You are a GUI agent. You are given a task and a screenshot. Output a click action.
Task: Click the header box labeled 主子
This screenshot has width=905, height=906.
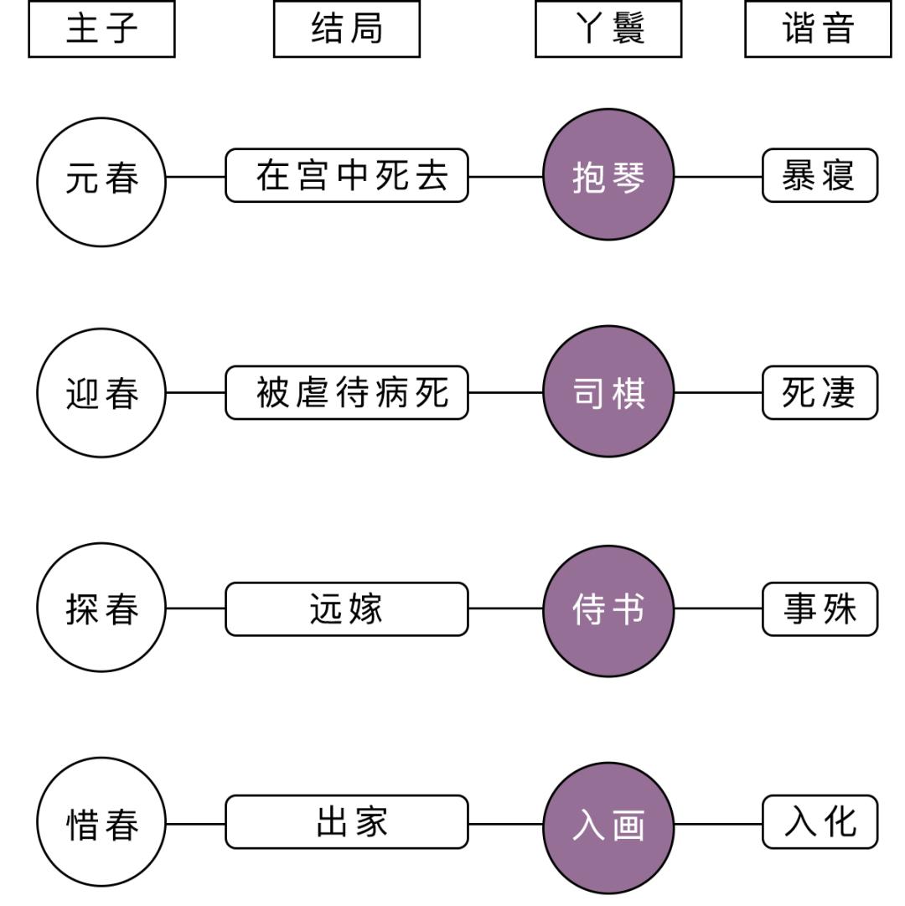click(x=101, y=28)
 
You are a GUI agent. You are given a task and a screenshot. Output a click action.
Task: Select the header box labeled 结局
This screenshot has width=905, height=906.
click(x=346, y=28)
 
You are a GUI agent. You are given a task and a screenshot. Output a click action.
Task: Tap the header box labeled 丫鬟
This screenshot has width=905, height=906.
click(x=608, y=28)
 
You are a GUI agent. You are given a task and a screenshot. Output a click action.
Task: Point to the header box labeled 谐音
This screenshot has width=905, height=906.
click(x=818, y=28)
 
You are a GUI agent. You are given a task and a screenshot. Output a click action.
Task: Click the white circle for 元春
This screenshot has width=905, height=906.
click(x=101, y=182)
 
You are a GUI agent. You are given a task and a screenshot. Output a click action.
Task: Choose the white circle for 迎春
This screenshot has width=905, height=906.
click(x=101, y=392)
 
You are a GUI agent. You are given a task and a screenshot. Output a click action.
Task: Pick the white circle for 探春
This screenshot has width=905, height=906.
click(x=101, y=608)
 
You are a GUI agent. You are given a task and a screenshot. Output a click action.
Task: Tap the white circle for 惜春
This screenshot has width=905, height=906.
click(x=101, y=822)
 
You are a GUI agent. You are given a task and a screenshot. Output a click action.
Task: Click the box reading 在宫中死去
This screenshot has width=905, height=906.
click(x=347, y=176)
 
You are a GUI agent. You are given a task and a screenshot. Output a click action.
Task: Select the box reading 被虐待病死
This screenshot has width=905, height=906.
click(x=347, y=392)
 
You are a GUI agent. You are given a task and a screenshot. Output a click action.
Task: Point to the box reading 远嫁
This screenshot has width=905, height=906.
click(x=347, y=608)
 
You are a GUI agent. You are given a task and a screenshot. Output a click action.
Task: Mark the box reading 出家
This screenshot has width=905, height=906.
click(x=347, y=822)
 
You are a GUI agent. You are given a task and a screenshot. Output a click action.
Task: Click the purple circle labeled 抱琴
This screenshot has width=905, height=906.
click(x=608, y=175)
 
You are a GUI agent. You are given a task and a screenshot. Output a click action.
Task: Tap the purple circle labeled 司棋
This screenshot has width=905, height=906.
click(x=608, y=391)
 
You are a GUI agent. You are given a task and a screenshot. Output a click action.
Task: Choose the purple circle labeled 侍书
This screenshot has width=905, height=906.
click(x=608, y=610)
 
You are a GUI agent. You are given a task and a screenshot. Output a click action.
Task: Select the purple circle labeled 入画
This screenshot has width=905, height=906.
click(x=608, y=826)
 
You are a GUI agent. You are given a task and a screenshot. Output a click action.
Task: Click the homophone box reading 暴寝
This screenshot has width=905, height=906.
click(x=820, y=176)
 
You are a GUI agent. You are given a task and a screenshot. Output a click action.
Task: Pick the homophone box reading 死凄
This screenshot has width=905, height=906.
click(x=820, y=392)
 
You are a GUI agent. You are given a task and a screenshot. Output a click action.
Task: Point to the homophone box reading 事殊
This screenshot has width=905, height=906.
click(x=820, y=609)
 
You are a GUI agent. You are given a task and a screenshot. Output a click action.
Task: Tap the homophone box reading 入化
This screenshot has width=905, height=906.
click(x=820, y=822)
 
